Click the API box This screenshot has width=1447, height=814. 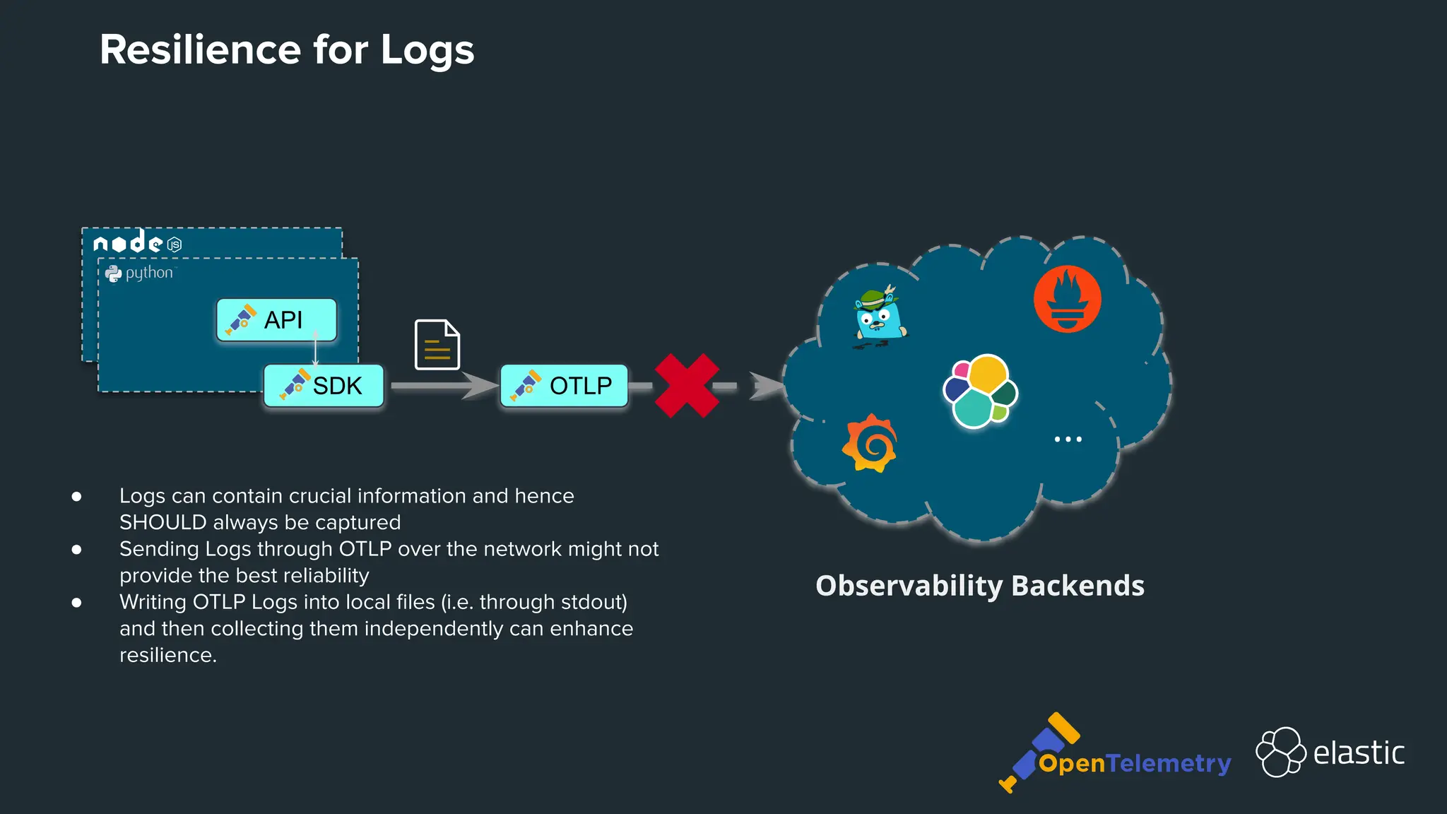276,320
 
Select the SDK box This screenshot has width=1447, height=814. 324,386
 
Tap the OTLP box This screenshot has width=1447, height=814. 564,386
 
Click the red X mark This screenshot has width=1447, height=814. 686,386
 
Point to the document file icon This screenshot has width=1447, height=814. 437,345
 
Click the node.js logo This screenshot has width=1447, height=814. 138,242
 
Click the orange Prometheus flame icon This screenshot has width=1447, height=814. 1067,299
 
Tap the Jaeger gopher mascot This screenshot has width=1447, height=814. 878,317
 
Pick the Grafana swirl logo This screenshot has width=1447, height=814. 870,443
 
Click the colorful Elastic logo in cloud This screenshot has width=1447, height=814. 980,391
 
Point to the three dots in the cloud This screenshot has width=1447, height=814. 1068,440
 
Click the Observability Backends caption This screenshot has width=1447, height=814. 979,586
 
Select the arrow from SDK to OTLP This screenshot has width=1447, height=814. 442,386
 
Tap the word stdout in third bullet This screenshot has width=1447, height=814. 591,602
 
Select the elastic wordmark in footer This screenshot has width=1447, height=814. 1358,753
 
